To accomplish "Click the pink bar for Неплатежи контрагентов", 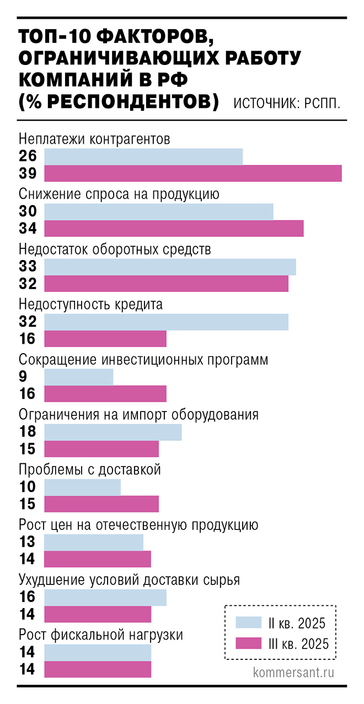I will [x=193, y=174].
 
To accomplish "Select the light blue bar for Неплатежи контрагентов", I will [x=143, y=156].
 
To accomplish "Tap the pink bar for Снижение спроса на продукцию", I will [x=174, y=229].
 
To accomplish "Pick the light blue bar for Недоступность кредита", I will [x=166, y=322].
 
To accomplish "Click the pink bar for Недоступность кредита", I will [x=105, y=339].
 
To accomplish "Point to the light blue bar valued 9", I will [x=78, y=377].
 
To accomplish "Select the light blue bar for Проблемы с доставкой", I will [x=82, y=487].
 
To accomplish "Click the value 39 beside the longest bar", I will [x=28, y=174].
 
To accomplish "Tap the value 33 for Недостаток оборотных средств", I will [x=28, y=267].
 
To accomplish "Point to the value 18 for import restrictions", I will [x=28, y=432].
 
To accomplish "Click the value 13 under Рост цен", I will [x=28, y=542].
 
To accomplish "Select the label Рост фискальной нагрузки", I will [x=101, y=635].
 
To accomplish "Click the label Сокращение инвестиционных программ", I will [x=143, y=360].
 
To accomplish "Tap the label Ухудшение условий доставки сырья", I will [x=129, y=580].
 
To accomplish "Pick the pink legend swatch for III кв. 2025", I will [x=249, y=643].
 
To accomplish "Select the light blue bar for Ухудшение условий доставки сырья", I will [x=105, y=597].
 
